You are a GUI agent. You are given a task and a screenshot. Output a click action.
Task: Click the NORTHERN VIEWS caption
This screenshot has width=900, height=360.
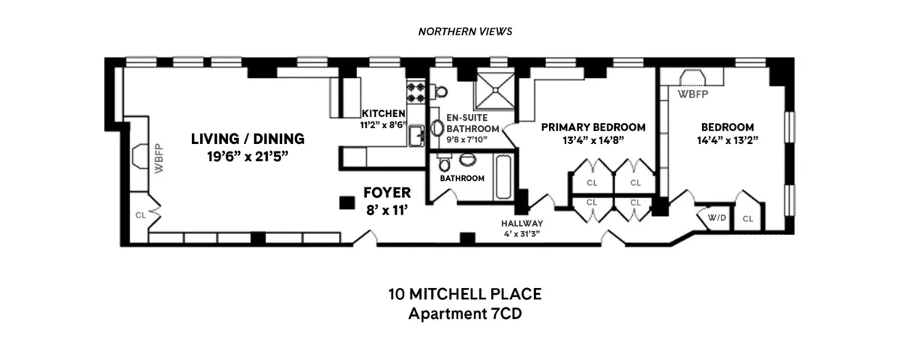click(464, 31)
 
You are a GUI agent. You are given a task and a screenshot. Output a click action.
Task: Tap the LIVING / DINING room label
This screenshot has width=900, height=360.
click(247, 139)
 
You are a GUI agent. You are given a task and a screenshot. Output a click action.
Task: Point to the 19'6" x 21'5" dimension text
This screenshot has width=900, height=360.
click(247, 156)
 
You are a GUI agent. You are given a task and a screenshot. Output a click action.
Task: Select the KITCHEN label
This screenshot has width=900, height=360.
click(383, 114)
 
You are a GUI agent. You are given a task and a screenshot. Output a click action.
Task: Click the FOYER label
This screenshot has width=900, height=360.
click(387, 193)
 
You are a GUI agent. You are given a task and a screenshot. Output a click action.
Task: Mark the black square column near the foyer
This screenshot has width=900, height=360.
click(346, 202)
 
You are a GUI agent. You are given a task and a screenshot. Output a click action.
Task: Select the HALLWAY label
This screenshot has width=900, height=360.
click(523, 223)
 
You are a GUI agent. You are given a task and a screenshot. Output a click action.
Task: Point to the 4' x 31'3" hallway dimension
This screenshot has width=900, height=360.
click(523, 234)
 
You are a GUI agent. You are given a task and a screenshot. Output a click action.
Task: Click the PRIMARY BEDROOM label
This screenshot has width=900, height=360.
click(593, 127)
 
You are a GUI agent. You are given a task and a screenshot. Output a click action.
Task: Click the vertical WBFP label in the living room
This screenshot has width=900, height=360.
click(158, 158)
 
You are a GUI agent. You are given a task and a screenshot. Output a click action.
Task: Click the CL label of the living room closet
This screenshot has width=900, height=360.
click(140, 214)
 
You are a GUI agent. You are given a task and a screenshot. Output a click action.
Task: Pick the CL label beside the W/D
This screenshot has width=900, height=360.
click(748, 219)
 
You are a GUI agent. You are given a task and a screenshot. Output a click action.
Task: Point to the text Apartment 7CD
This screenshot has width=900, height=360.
click(464, 313)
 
